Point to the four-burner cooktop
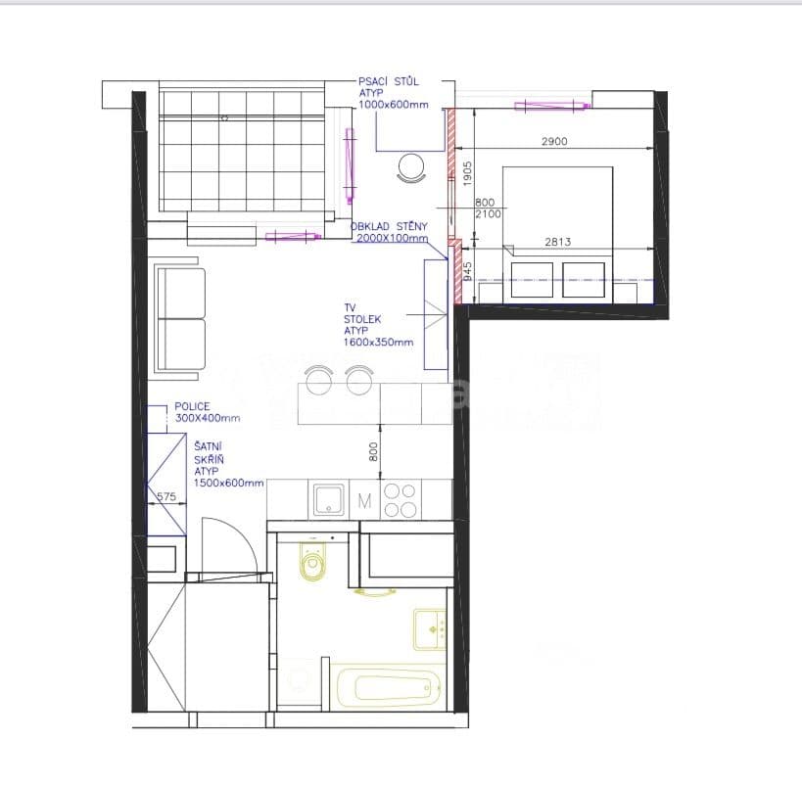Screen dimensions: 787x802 coord(400,500)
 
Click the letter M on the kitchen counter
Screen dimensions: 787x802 coord(364,501)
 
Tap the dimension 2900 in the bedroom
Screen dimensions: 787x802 coord(554,142)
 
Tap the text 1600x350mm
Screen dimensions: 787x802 coord(378,343)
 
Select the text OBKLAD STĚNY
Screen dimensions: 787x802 coord(390,226)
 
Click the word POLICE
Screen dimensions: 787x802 coord(193,406)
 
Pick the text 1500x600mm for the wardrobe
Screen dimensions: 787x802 coord(228,483)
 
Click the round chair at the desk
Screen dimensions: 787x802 coord(411,168)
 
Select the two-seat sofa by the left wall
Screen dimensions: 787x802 coord(180,318)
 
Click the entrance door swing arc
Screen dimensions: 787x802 coord(233,543)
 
